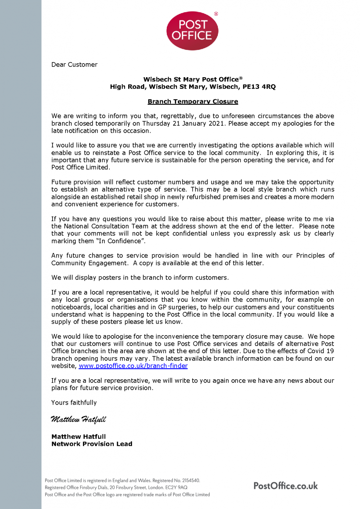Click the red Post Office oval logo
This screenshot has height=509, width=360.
(192, 31)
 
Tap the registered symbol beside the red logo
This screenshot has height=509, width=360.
(216, 14)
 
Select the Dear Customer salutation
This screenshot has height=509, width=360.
(74, 65)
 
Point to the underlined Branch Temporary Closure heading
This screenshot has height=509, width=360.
(193, 101)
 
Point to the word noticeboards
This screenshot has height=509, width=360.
(71, 307)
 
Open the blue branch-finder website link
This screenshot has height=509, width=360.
(133, 366)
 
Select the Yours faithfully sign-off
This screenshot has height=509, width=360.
(74, 403)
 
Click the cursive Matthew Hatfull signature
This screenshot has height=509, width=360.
(78, 419)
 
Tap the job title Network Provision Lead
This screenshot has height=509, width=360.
(92, 444)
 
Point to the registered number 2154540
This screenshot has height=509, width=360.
(191, 480)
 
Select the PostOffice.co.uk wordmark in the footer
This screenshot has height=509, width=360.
(285, 486)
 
